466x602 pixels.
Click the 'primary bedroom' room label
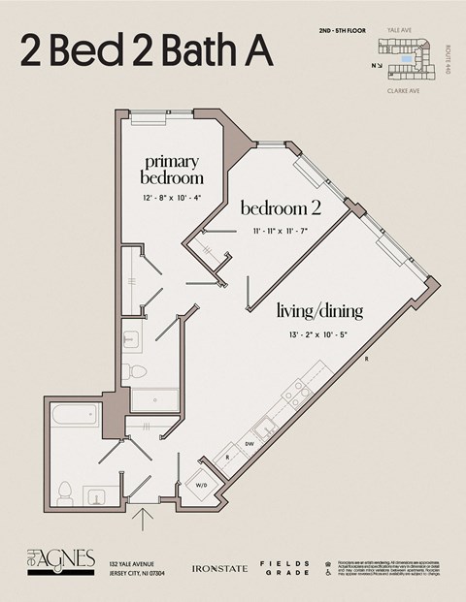pyautogui.click(x=172, y=170)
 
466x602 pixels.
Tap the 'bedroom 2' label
pyautogui.click(x=280, y=208)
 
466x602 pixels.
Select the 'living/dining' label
pyautogui.click(x=319, y=311)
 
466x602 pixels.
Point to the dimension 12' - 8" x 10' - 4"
pyautogui.click(x=172, y=200)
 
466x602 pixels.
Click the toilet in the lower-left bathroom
pyautogui.click(x=66, y=491)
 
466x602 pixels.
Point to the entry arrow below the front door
pyautogui.click(x=145, y=522)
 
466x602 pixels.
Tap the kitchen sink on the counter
pyautogui.click(x=262, y=427)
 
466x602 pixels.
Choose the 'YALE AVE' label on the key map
pyautogui.click(x=400, y=31)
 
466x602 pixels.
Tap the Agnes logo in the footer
pyautogui.click(x=61, y=560)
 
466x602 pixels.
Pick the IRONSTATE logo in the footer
pyautogui.click(x=216, y=566)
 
